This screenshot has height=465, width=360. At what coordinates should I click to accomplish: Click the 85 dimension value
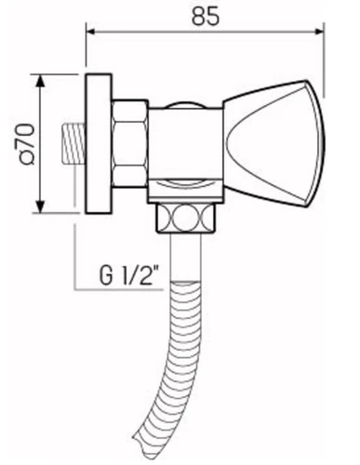point(206,16)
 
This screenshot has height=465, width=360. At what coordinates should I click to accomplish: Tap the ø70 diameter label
point(27,144)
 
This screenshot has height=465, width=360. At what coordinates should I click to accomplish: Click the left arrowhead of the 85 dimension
point(90,32)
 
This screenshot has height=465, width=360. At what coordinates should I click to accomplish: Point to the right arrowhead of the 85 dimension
point(319,32)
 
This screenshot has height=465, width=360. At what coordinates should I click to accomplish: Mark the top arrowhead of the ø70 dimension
point(40,80)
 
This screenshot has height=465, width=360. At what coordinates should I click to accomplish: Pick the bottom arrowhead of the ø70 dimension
point(40,206)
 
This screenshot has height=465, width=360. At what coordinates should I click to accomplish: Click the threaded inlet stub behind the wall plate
point(73,143)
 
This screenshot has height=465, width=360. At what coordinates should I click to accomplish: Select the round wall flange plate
point(99,143)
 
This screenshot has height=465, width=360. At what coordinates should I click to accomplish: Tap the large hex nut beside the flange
point(129,143)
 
